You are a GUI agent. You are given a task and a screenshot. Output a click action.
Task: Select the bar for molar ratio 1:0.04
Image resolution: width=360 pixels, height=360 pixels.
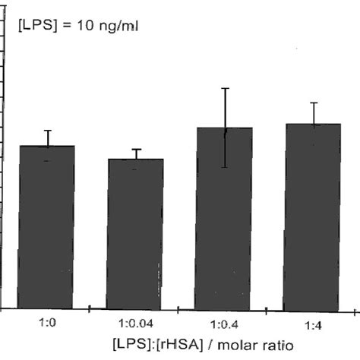point(135,234)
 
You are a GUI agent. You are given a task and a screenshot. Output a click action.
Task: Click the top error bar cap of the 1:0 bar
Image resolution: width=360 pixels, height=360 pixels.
point(47,130)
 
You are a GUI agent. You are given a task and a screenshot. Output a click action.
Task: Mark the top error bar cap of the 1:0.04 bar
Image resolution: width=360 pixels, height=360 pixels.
point(136,149)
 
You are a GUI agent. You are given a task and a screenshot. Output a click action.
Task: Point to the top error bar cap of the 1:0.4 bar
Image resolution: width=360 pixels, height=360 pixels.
point(225,88)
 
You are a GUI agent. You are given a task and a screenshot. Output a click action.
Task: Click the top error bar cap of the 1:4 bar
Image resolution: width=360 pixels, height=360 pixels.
point(314,102)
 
